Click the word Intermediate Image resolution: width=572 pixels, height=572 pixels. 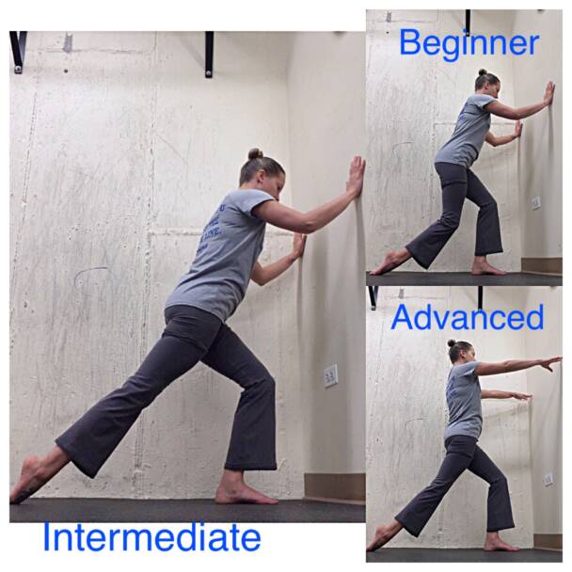tap(151, 538)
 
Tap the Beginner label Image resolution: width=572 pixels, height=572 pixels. tap(468, 42)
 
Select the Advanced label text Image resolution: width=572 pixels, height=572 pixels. tap(467, 317)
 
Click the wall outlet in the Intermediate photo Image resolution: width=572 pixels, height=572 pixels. tap(330, 376)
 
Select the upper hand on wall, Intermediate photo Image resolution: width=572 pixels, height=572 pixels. tap(356, 176)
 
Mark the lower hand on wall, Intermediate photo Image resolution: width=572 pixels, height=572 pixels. tap(298, 246)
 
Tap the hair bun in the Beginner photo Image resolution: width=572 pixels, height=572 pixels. tap(482, 72)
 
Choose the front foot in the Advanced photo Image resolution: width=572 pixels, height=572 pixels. tap(500, 544)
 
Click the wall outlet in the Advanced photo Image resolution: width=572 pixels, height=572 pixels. tap(548, 479)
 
